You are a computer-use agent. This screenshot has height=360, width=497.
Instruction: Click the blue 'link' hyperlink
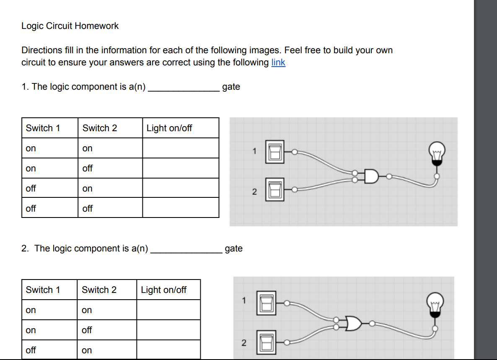click(x=278, y=63)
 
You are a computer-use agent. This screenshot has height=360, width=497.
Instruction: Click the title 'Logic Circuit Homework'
click(x=70, y=26)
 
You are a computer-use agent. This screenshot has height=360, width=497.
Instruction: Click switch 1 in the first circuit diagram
click(x=274, y=153)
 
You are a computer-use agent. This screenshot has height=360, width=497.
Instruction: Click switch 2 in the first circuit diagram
click(x=274, y=189)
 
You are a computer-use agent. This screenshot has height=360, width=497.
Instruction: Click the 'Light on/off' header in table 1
click(x=169, y=128)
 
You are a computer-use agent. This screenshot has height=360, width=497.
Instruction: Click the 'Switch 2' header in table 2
click(x=99, y=290)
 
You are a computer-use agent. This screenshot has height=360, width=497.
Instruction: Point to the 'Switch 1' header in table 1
click(x=43, y=128)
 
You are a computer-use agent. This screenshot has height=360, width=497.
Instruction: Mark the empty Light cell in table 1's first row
click(x=181, y=148)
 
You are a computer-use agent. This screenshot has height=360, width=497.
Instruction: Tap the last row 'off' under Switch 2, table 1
click(x=87, y=208)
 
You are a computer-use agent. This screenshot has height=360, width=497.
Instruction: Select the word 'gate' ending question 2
click(x=233, y=249)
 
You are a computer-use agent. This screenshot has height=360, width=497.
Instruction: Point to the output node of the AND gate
click(x=389, y=176)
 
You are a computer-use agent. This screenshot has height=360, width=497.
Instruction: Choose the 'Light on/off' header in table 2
click(x=163, y=290)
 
